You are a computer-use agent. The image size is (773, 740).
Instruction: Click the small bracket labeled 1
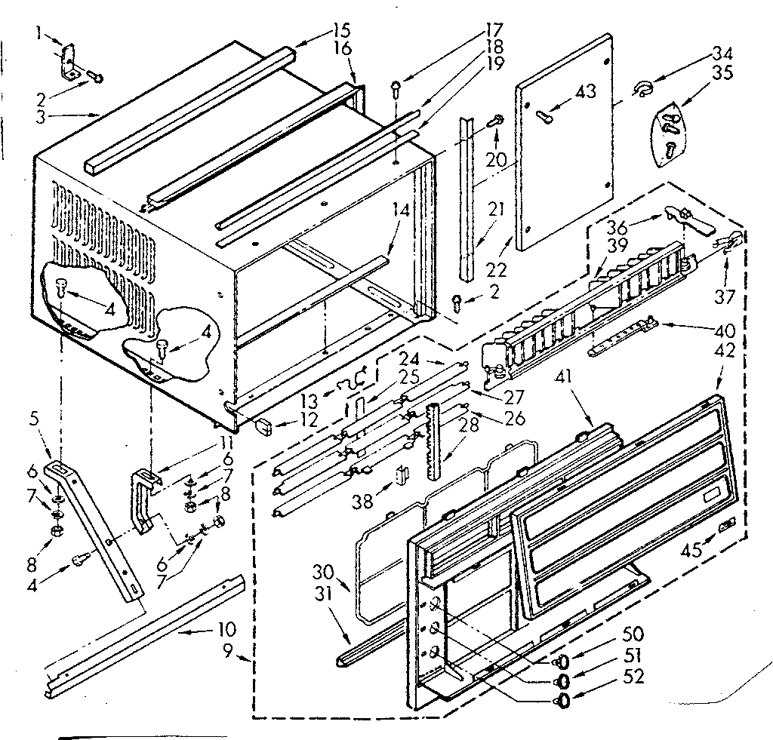[x=69, y=60]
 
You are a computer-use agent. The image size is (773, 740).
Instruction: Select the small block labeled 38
[x=402, y=476]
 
